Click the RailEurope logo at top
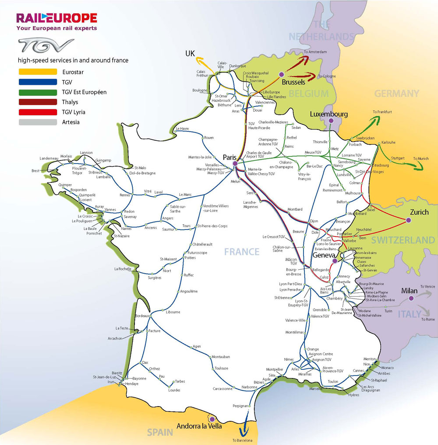coord(57,18)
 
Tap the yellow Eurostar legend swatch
coord(38,72)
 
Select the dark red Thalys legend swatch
coord(38,102)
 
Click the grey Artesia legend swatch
coord(38,122)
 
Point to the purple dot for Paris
coord(235,163)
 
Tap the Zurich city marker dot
coord(409,220)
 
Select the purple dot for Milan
coord(411,299)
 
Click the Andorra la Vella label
coord(199,426)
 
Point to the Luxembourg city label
coord(328,114)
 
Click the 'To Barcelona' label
coord(243,440)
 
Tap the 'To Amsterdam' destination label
coord(315,52)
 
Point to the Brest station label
coord(35,171)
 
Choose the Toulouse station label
coord(222,368)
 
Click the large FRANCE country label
coord(242,252)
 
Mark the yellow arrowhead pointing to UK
coord(198,58)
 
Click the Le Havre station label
coord(182,129)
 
